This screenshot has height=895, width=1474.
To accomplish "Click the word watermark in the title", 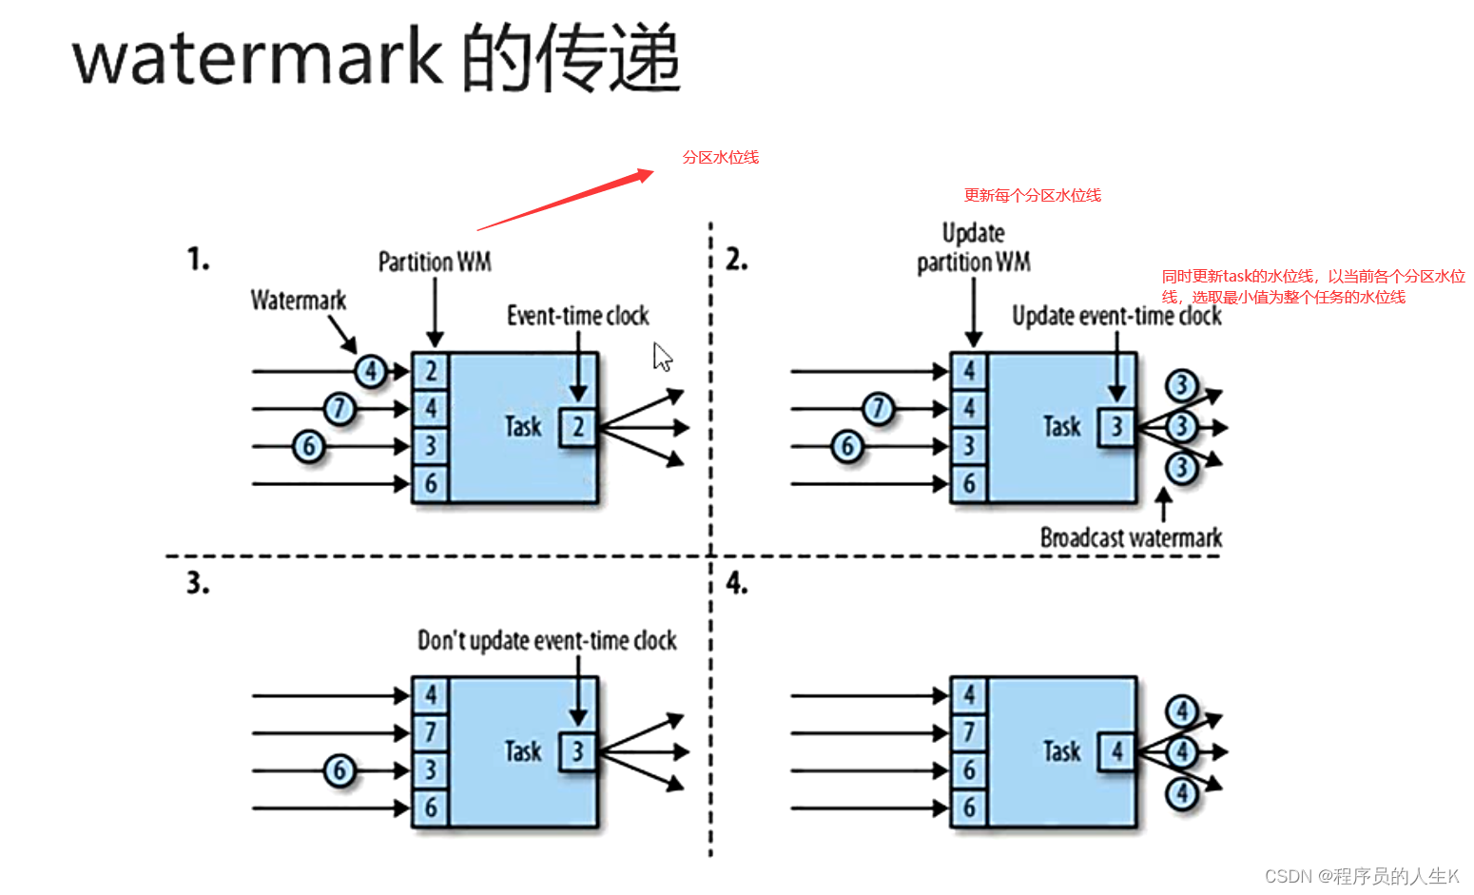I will click(x=257, y=57).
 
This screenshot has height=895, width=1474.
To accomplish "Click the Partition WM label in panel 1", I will click(x=435, y=262).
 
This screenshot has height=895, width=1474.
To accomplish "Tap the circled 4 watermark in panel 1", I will click(x=371, y=371).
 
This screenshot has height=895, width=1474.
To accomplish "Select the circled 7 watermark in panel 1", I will click(x=339, y=409).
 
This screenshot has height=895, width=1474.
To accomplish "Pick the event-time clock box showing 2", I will click(x=577, y=427).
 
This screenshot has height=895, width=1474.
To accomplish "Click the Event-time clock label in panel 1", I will click(x=577, y=316).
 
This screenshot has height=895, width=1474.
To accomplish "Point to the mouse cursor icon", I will click(x=662, y=358).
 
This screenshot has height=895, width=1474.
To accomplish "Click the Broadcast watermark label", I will click(x=1131, y=538).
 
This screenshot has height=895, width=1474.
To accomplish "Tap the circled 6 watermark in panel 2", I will click(x=847, y=446).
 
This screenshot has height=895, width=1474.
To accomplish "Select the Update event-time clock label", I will click(x=1116, y=316).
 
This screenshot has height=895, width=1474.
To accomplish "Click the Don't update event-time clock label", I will click(x=547, y=640).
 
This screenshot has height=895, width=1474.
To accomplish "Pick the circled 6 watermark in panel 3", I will click(x=339, y=770).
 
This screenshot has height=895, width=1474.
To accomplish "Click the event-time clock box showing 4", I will click(x=1116, y=751).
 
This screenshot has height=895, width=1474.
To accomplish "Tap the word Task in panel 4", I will click(x=1061, y=751).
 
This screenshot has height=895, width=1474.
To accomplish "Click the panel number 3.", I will click(x=197, y=582).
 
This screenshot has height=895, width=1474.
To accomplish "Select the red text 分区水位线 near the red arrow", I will click(x=720, y=157).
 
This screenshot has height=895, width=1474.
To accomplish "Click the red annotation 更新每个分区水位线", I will click(x=1032, y=195).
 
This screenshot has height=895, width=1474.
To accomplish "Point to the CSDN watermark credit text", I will click(x=1361, y=876).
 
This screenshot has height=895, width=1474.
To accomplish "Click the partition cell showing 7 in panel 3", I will click(x=431, y=732).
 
